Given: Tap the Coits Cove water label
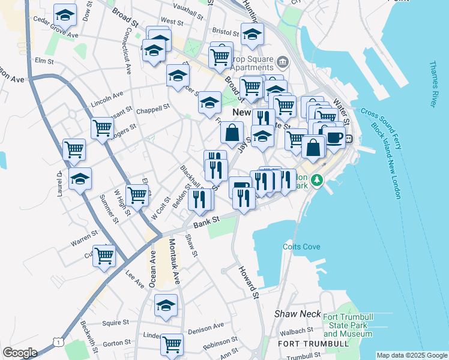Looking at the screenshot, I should coord(301,247).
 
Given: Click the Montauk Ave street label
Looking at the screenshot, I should coord(175,261).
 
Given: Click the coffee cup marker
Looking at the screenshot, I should coord(334,136).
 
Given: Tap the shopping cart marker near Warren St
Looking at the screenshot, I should coord(104,254).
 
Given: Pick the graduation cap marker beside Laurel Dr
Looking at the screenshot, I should coord(80,178).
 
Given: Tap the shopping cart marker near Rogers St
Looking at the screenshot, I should coord(103,127).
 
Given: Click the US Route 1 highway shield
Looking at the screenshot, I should coord(58,341).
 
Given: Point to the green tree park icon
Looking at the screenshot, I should coord(318,179).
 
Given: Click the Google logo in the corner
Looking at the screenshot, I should coord(20,353).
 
